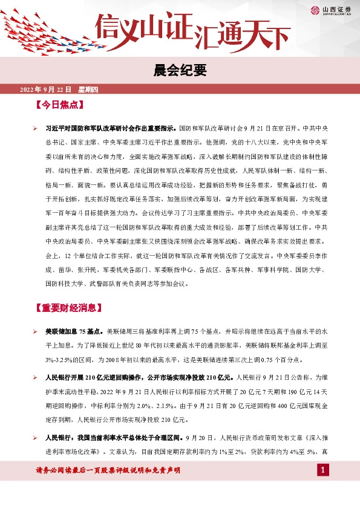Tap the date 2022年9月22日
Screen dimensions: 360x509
tap(45, 90)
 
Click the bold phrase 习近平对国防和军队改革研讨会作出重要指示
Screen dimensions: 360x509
tap(111, 129)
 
